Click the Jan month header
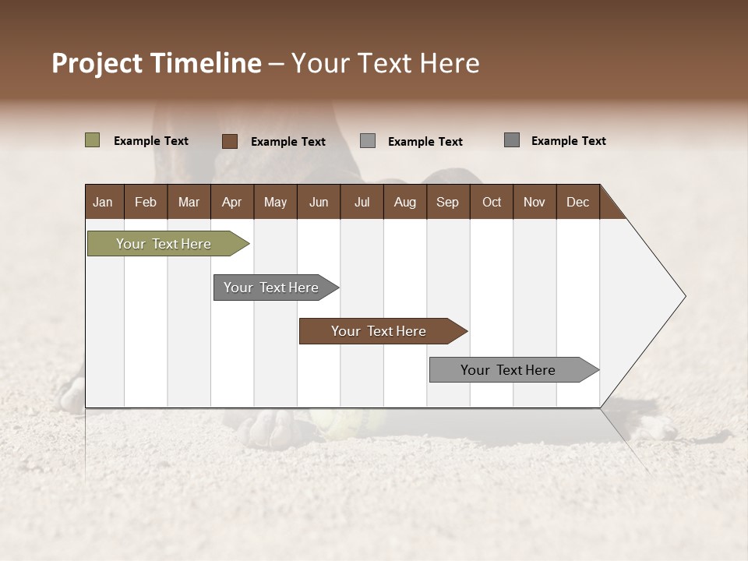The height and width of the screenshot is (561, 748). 103,202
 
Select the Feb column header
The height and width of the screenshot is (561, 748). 146,202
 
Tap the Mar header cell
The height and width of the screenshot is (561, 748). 189,202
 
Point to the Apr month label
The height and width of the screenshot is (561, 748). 231,202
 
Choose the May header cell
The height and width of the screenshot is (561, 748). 275,202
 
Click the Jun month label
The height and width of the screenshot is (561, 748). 319,202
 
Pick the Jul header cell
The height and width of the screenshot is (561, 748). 362,202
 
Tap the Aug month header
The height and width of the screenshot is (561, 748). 404,202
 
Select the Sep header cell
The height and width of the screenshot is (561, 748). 447,202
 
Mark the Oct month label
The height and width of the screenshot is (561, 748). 492,202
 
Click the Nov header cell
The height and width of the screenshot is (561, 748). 534,202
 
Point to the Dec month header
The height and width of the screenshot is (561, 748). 577,202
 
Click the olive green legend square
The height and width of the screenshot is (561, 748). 92,140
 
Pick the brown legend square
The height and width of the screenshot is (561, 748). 229,141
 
